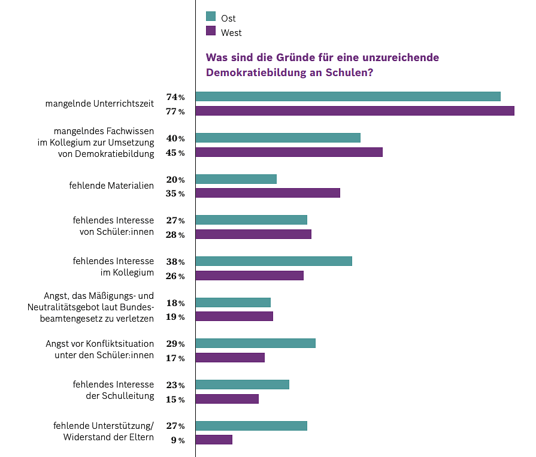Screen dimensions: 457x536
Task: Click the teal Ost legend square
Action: pyautogui.click(x=210, y=16)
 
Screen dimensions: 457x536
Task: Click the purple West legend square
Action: pyautogui.click(x=210, y=31)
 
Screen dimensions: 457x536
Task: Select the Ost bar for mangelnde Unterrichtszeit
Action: pyautogui.click(x=348, y=96)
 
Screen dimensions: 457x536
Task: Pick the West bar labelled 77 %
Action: pyautogui.click(x=355, y=111)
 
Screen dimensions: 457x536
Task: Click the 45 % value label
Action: pyautogui.click(x=175, y=153)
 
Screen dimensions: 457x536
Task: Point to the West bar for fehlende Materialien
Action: pyautogui.click(x=268, y=193)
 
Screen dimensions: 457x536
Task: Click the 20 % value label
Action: pyautogui.click(x=175, y=180)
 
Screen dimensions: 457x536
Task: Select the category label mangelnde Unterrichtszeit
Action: pyautogui.click(x=99, y=104)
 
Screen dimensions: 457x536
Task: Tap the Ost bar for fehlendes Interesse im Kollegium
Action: pyautogui.click(x=274, y=261)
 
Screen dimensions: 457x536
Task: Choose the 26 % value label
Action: pyautogui.click(x=175, y=276)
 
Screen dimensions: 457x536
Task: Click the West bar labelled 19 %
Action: pyautogui.click(x=234, y=316)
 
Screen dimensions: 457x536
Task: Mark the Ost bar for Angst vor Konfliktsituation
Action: pyautogui.click(x=256, y=343)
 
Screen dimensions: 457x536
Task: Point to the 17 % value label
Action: pyautogui.click(x=175, y=358)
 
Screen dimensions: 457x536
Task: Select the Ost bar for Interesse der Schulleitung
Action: pyautogui.click(x=243, y=385)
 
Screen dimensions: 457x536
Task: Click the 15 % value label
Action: pyautogui.click(x=175, y=400)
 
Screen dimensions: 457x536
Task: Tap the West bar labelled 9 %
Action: pyautogui.click(x=214, y=440)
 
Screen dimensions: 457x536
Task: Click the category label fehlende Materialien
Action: pyautogui.click(x=112, y=186)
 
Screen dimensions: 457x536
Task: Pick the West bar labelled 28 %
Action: pyautogui.click(x=253, y=234)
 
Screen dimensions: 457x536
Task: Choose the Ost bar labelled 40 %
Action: pyautogui.click(x=278, y=138)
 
